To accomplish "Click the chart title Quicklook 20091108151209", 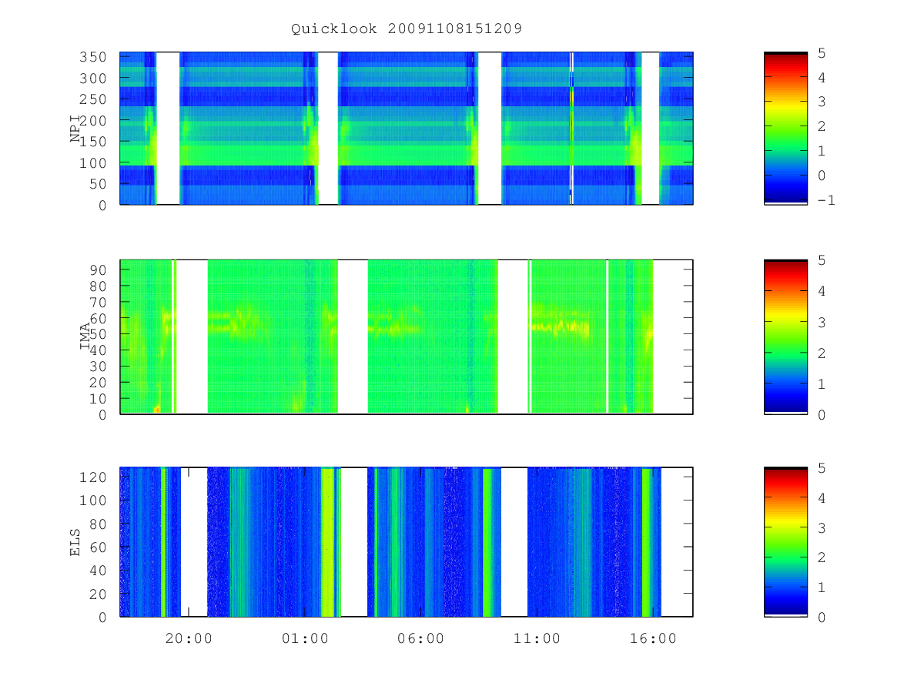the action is point(407,28).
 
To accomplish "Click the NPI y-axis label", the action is point(75,129).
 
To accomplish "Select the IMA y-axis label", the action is point(85,336).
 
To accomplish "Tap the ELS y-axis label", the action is point(75,542).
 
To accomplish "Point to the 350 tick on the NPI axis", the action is point(92,57).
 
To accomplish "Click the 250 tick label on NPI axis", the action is point(92,99).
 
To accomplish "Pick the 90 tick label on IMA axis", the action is point(98,270).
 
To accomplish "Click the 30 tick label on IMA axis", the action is point(98,367).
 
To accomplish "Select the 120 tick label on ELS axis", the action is point(92,477).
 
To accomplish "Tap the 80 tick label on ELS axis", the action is point(98,524).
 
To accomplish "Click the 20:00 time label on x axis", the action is point(189,638).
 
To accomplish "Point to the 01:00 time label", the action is point(305,638).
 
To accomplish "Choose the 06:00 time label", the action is point(420,638).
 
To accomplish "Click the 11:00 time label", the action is point(537,638).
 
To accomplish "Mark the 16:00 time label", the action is point(653,638).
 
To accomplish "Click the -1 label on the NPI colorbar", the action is point(826,200).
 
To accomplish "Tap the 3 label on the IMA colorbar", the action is point(822,323).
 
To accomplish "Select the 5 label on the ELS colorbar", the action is point(822,468).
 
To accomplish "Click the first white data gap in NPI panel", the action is point(168,129).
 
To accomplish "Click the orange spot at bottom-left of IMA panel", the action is point(157,409).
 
